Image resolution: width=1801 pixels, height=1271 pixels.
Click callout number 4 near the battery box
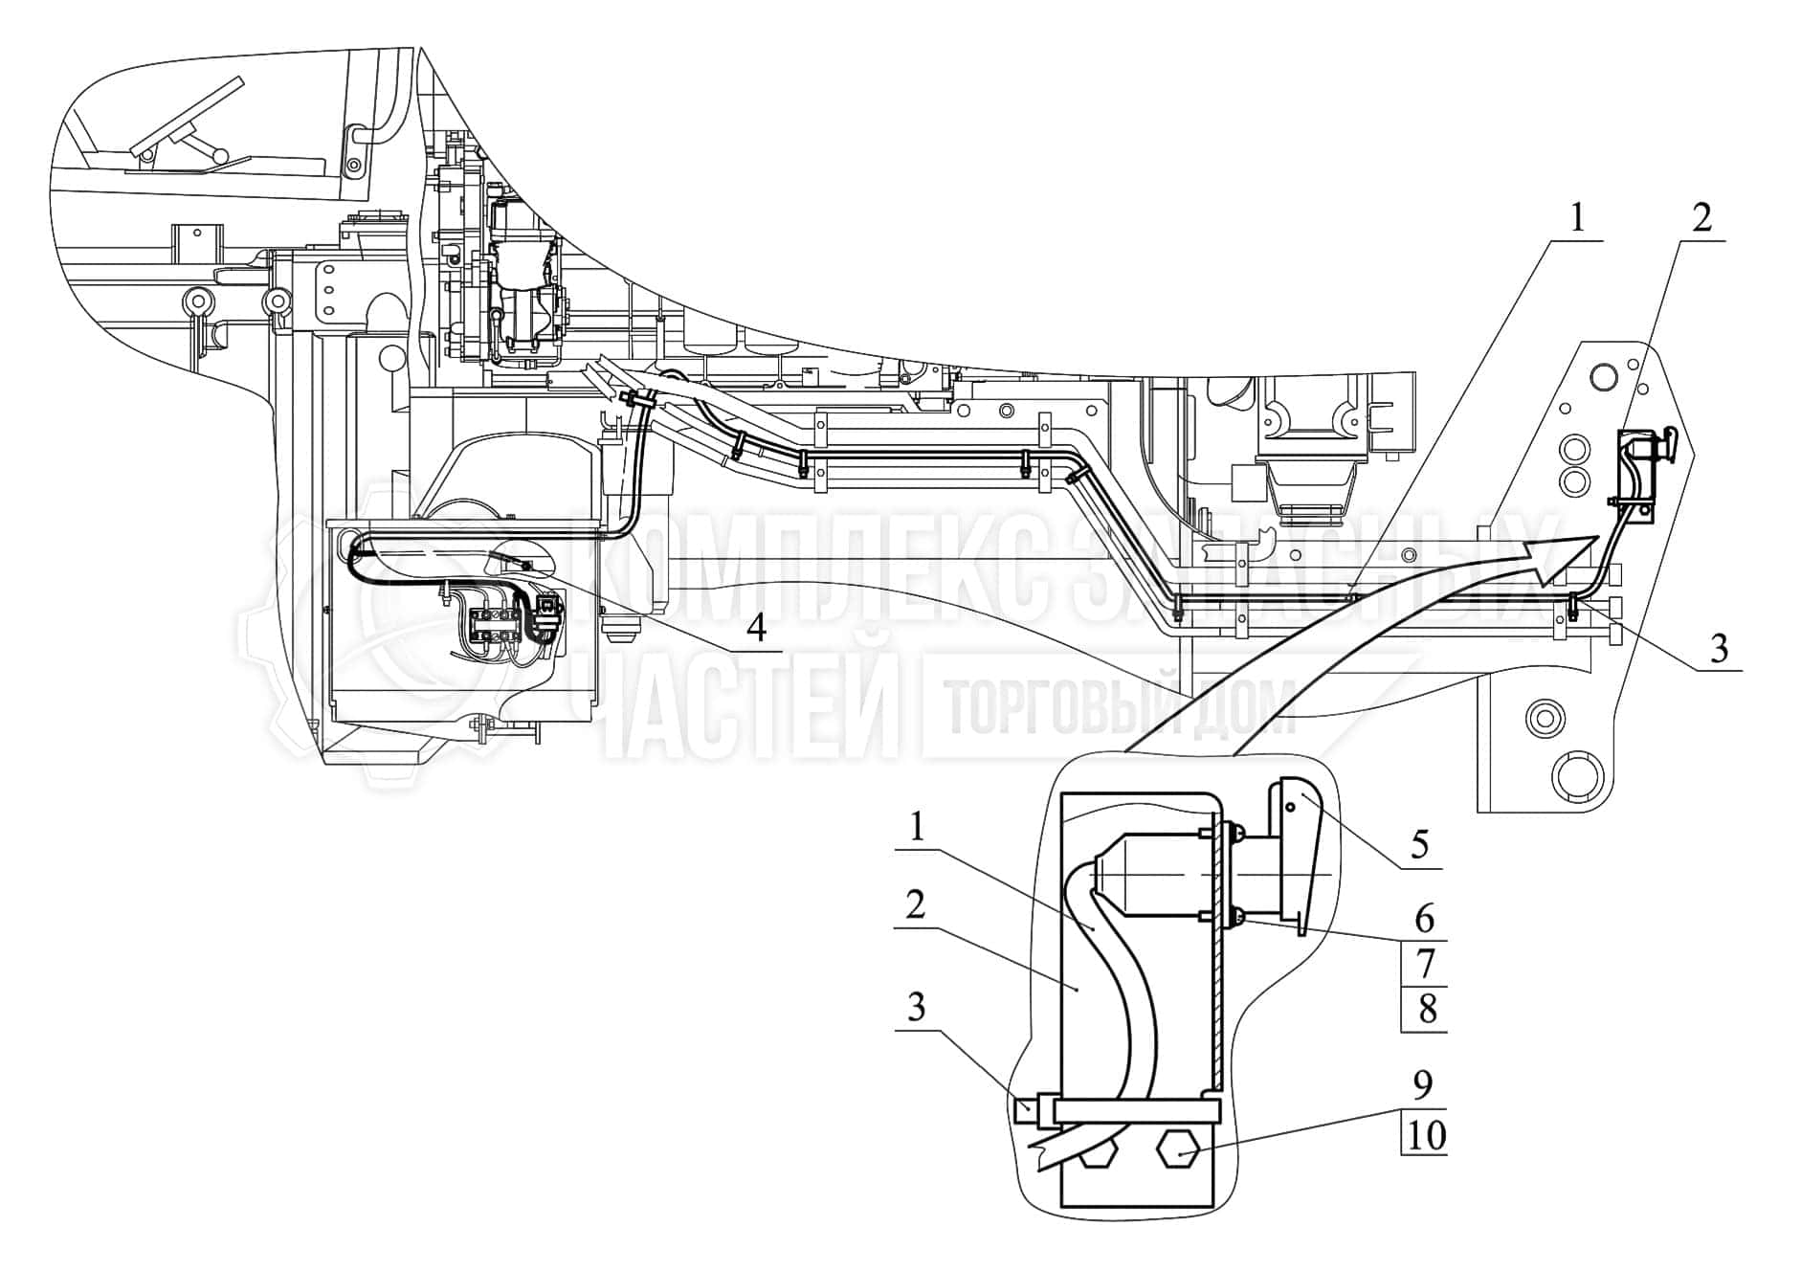756,629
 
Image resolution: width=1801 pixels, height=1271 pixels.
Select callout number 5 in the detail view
1419,845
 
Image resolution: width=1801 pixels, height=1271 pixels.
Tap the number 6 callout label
1424,919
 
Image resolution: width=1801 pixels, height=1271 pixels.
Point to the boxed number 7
1425,963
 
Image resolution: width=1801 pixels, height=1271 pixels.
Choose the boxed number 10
1425,1135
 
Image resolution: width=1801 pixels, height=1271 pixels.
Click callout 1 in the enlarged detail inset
918,827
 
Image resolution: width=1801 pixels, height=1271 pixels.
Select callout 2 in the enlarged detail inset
916,903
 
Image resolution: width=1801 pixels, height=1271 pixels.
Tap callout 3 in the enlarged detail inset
916,1007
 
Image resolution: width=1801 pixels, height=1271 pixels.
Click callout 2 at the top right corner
1701,219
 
